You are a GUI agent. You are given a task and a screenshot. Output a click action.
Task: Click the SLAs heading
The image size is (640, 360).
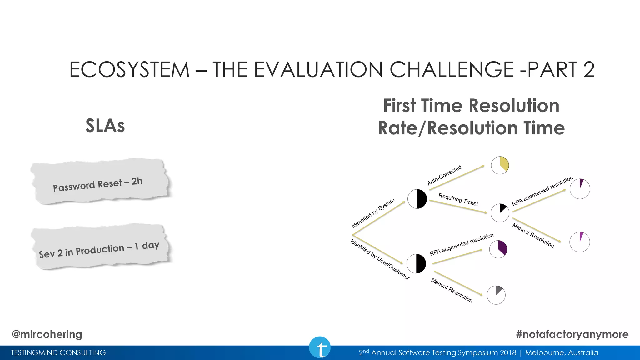[x=105, y=126]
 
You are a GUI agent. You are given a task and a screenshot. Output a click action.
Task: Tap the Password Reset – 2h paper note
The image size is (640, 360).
[x=99, y=183]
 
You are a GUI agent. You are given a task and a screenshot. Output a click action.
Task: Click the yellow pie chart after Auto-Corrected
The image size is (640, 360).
[x=500, y=165]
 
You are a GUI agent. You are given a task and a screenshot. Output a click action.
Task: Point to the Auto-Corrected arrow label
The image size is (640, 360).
[x=444, y=175]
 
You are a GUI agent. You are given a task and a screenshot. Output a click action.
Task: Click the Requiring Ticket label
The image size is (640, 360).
[x=458, y=199]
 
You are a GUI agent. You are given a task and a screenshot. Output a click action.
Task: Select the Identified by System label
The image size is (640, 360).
[x=373, y=213]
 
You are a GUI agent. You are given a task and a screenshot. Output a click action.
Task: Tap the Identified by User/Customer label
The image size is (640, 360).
[x=380, y=259]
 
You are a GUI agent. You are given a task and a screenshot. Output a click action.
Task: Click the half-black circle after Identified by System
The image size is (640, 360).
[x=417, y=199]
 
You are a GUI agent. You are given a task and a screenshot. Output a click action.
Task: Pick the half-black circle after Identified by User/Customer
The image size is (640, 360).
[x=416, y=263]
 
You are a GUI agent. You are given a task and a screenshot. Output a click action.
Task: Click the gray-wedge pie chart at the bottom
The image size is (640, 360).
[x=496, y=295]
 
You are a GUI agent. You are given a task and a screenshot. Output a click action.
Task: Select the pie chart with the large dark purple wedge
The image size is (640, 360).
[x=498, y=249]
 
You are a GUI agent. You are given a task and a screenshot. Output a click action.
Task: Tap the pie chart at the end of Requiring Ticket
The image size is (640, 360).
[x=500, y=213]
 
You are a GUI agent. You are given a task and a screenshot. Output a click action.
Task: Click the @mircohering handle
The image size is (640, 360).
[x=47, y=334]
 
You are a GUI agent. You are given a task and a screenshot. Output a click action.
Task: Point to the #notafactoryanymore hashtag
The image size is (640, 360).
[x=572, y=334]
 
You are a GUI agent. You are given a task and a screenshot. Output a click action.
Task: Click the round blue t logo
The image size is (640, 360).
[x=320, y=347]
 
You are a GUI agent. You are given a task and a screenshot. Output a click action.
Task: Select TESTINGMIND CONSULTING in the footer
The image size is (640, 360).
[x=58, y=353]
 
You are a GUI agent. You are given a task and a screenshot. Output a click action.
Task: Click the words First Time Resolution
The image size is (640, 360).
[x=471, y=106]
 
